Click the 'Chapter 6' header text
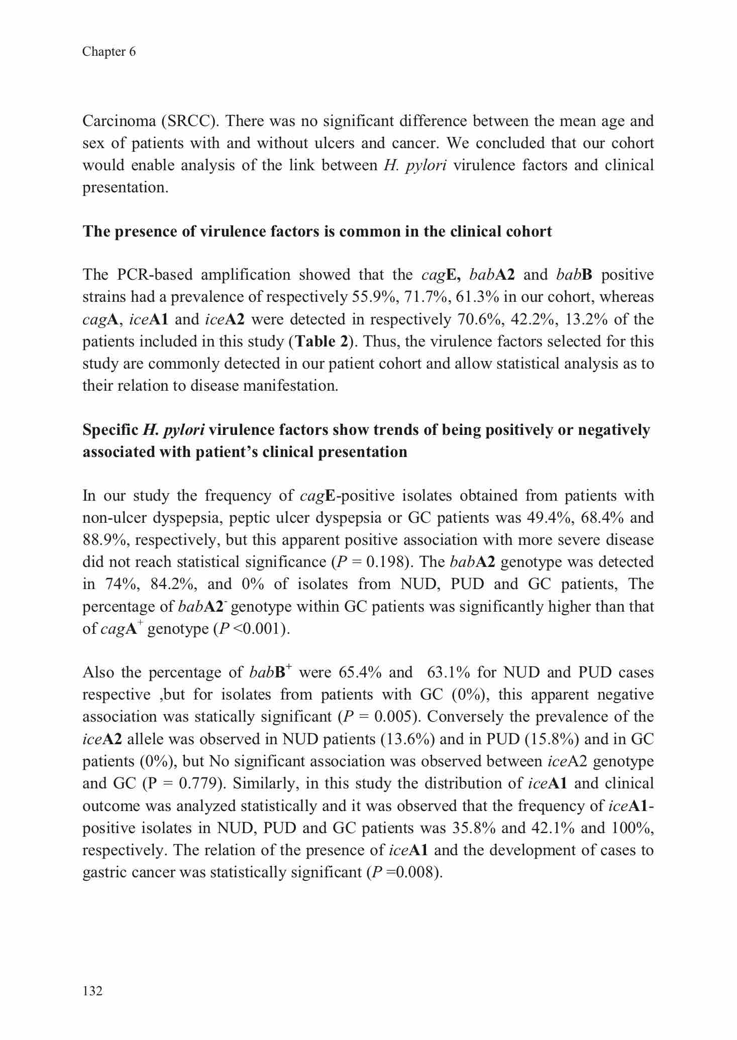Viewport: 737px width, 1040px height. click(x=109, y=52)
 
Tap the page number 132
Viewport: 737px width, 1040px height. click(x=92, y=991)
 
